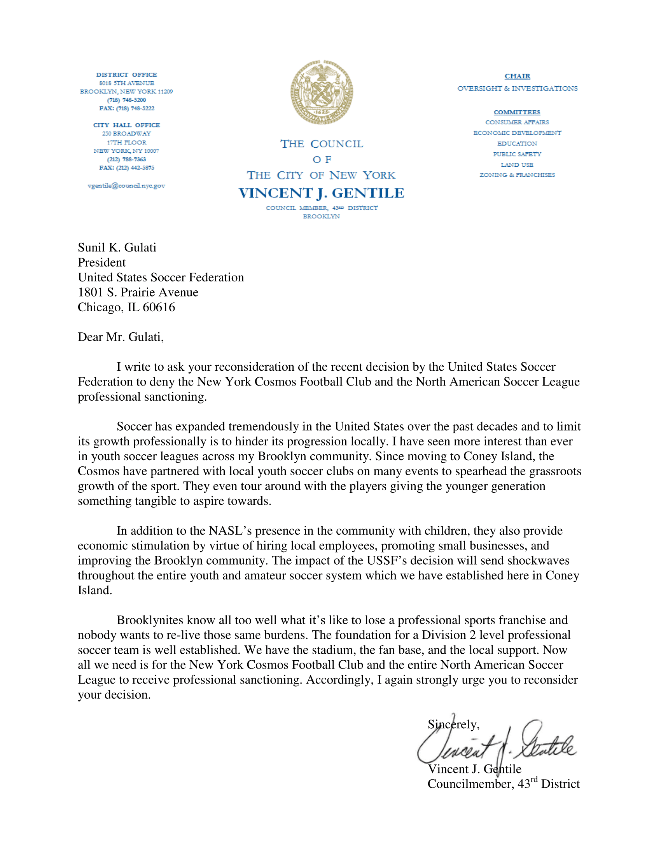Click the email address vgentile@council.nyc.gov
(126, 185)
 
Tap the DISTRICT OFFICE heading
(126, 74)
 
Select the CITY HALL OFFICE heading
(126, 125)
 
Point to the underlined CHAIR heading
(517, 76)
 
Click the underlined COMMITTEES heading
(517, 112)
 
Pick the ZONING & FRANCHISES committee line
(517, 175)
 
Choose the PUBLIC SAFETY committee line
(517, 154)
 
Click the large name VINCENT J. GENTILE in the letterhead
(322, 193)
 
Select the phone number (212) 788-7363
(126, 159)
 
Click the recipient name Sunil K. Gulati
(117, 248)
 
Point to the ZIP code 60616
(159, 307)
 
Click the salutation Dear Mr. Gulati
(121, 337)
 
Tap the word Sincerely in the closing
(453, 724)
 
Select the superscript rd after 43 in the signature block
(534, 780)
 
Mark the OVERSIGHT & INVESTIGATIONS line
(517, 89)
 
